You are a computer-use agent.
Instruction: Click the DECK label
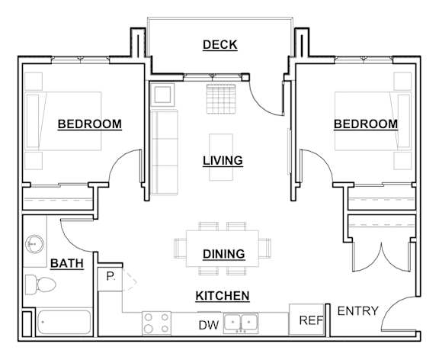[x=219, y=45]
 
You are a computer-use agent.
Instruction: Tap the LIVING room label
[x=223, y=161]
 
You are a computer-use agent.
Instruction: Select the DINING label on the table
[x=223, y=254]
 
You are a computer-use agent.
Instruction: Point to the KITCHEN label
[x=223, y=296]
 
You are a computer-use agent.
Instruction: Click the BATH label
[x=67, y=264]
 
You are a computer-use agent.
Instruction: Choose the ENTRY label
[x=358, y=311]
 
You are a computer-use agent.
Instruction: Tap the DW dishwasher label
[x=209, y=326]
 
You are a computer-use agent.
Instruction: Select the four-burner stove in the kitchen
[x=155, y=323]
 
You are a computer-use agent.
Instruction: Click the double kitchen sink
[x=245, y=323]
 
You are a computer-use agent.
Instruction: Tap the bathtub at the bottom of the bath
[x=64, y=323]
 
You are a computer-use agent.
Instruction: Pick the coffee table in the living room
[x=223, y=158]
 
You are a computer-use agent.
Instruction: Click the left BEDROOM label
[x=89, y=124]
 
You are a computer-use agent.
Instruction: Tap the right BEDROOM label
[x=365, y=124]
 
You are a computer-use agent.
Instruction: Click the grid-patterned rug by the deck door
[x=223, y=97]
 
